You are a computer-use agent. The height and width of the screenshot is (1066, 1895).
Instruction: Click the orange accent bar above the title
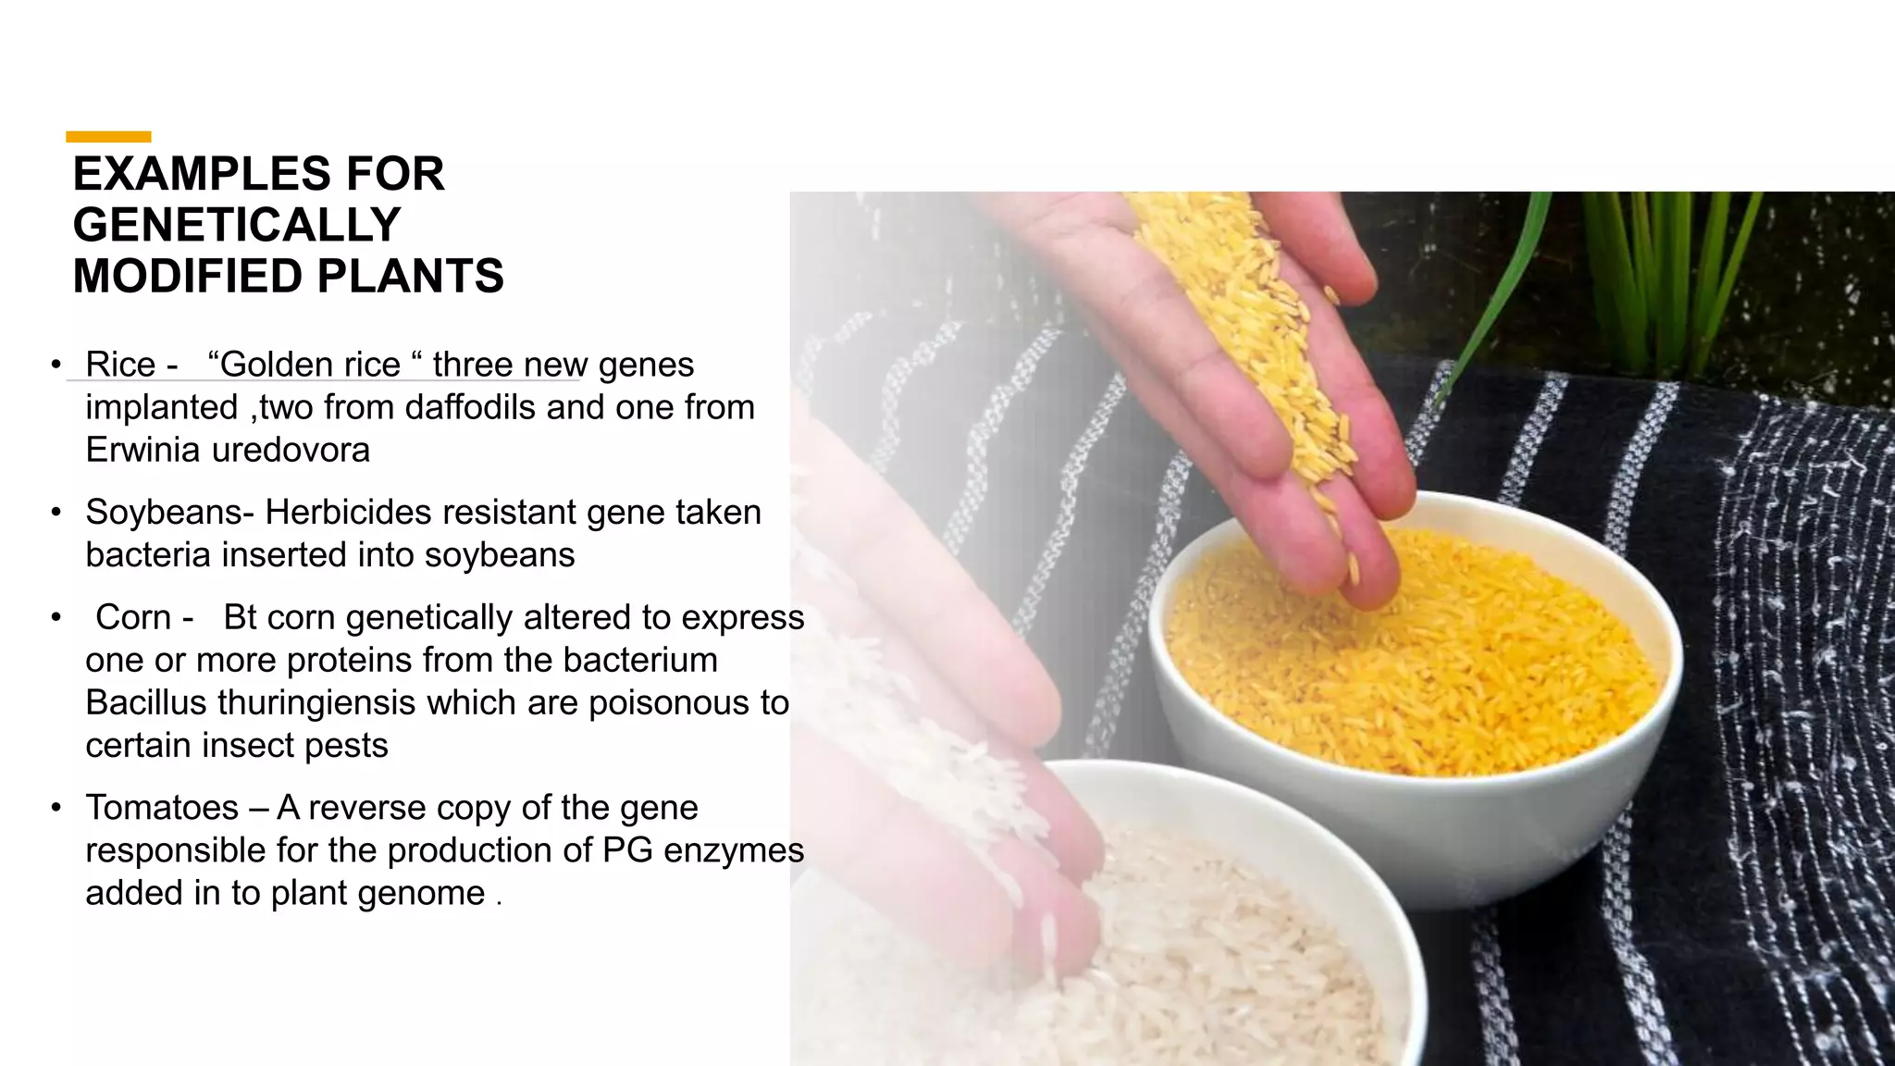tap(108, 137)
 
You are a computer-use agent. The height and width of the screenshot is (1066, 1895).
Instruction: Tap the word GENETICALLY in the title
tap(237, 225)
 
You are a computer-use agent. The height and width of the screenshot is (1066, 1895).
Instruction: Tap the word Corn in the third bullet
tap(133, 617)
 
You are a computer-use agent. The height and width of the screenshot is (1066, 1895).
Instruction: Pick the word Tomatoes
tap(162, 808)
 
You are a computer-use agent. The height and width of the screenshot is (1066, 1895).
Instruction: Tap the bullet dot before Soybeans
tap(56, 512)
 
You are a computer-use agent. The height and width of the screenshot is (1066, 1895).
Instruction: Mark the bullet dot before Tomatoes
tap(56, 808)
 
